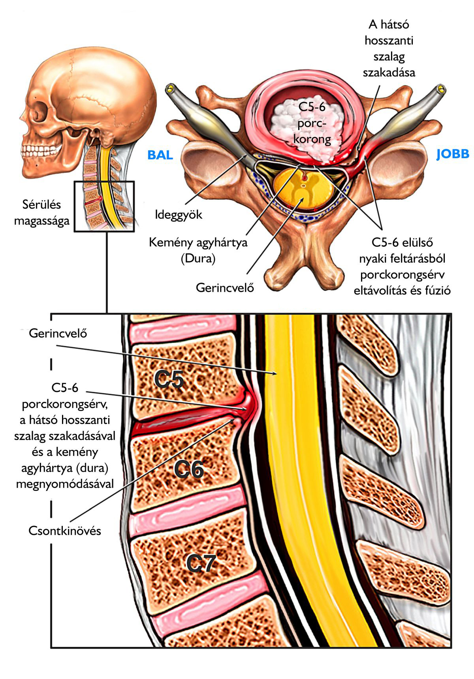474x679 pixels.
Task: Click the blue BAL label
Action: coord(160,155)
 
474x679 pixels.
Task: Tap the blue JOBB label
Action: coord(453,154)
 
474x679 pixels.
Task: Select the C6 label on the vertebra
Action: coord(189,470)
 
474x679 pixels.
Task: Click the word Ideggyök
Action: coord(179,215)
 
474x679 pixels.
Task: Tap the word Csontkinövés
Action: coord(65,531)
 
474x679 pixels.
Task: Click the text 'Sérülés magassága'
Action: coord(41,213)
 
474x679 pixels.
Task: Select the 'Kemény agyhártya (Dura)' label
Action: coord(198,250)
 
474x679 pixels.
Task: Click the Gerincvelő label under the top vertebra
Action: coord(225,287)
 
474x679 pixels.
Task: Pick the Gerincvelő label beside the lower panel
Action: coord(58,333)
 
